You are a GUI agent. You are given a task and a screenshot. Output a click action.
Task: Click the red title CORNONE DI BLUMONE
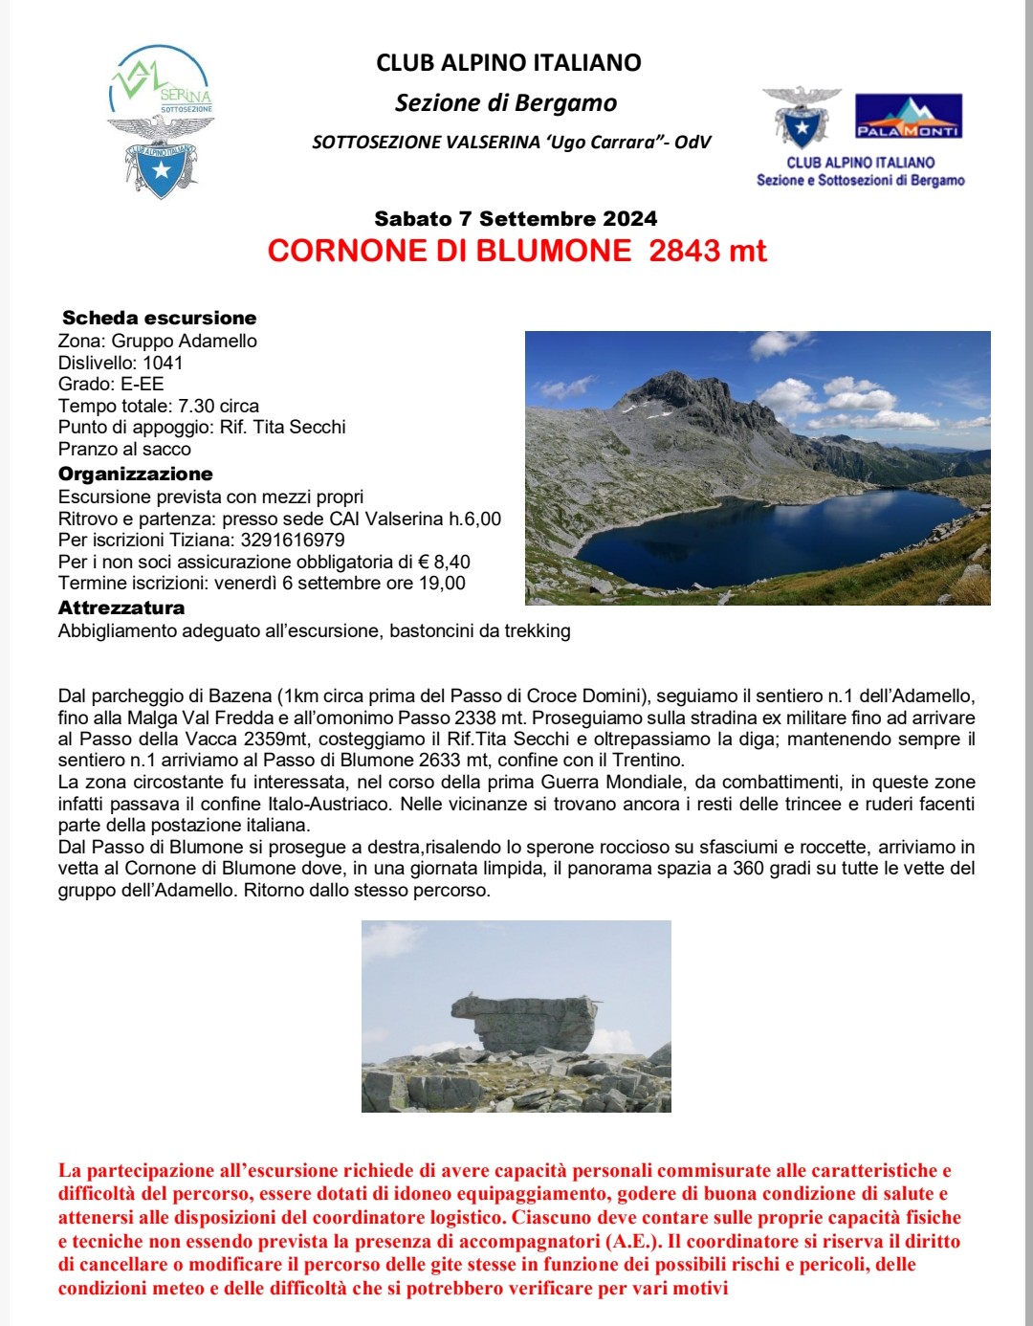450,251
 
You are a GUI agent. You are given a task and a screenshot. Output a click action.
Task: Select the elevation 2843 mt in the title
708,251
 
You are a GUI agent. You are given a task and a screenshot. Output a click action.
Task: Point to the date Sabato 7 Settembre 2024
516,218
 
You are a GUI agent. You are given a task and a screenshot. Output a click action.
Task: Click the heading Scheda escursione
159,318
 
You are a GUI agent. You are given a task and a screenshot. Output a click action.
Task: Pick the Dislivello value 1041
163,363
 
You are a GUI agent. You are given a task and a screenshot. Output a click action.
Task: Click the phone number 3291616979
293,540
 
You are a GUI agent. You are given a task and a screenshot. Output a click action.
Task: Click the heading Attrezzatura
121,608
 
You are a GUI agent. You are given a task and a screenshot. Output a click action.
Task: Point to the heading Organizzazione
135,474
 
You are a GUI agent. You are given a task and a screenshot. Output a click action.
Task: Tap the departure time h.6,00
475,519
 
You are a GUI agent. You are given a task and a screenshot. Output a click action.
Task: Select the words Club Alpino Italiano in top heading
509,63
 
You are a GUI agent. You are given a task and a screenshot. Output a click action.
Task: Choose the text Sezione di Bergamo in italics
506,102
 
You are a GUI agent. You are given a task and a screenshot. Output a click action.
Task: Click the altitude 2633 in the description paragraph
439,761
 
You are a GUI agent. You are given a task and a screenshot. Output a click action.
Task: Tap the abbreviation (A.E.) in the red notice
631,1242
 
